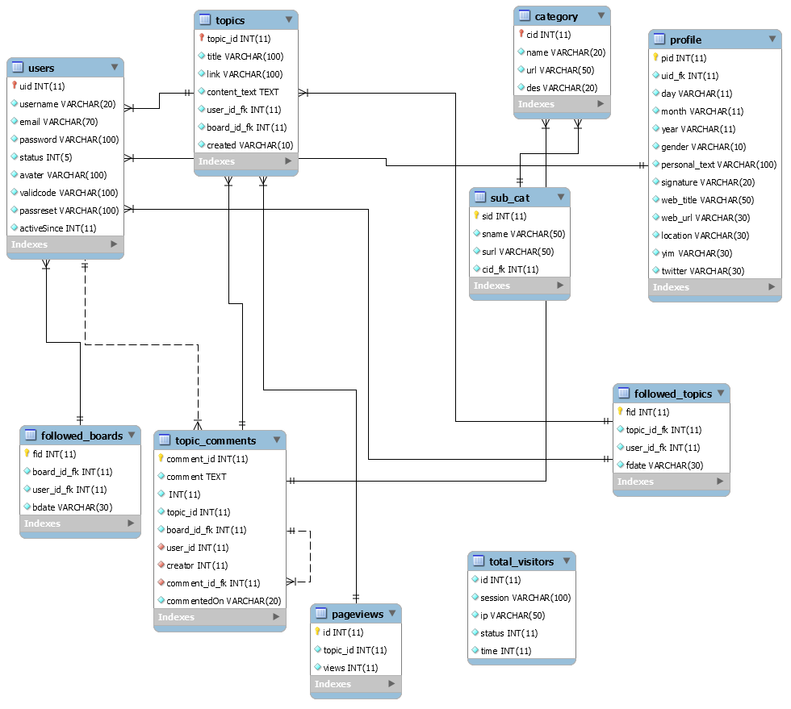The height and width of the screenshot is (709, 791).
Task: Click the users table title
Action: tap(41, 68)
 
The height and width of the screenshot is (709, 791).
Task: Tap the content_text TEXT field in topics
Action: tap(242, 92)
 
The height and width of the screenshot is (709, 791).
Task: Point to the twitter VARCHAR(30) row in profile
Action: tap(702, 271)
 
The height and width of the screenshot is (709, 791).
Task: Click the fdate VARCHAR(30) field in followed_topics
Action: tap(664, 465)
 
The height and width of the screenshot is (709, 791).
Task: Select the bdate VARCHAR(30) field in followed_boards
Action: tap(72, 507)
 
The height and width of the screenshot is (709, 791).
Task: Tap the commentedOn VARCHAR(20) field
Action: tap(224, 601)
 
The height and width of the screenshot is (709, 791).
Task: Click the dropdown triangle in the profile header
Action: tap(770, 40)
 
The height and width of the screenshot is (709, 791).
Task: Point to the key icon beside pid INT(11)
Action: tap(656, 58)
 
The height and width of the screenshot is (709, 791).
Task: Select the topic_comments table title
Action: tap(216, 440)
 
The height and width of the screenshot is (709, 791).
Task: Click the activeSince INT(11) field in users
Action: tap(57, 228)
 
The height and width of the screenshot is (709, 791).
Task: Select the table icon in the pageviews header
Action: tap(320, 615)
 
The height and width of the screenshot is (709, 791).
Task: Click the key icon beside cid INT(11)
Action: tap(521, 35)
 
